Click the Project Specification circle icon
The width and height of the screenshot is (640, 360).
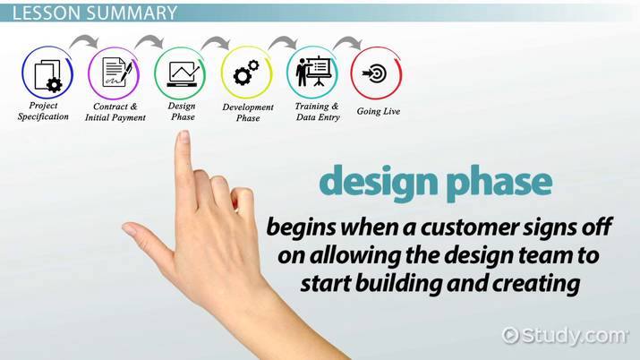tap(47, 73)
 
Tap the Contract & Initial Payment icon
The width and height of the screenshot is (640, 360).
tap(114, 73)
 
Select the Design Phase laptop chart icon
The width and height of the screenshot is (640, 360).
tap(180, 73)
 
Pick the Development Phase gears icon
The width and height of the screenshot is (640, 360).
tap(246, 73)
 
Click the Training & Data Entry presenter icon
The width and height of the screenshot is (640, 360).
tap(312, 73)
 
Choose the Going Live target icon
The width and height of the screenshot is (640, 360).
tap(376, 73)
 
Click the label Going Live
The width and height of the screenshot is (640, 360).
tap(379, 111)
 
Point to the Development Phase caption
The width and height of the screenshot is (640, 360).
tap(248, 112)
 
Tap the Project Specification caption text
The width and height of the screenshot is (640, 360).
tap(43, 111)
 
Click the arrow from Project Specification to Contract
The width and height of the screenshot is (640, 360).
tap(83, 40)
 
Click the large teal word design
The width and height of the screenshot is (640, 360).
tap(379, 181)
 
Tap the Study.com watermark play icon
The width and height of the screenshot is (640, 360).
tap(510, 336)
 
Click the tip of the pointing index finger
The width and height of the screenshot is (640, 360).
tap(183, 133)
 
